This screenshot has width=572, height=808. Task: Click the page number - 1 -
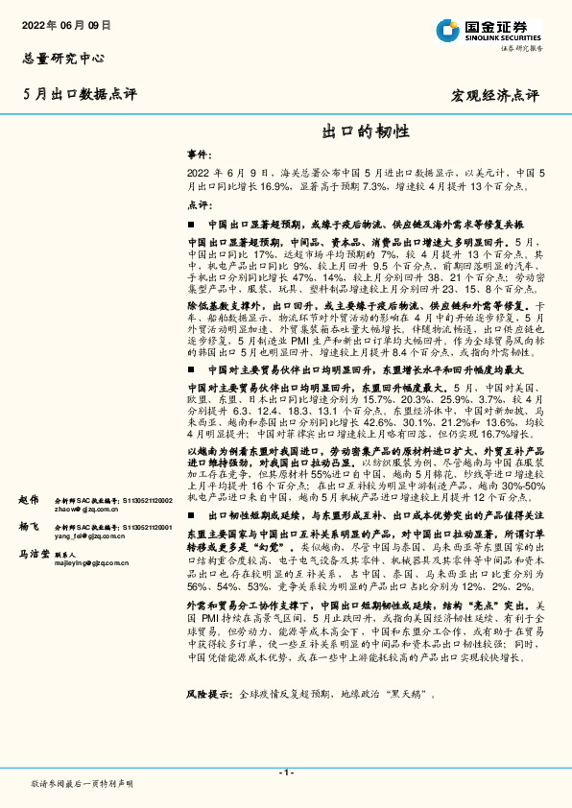tap(285, 772)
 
